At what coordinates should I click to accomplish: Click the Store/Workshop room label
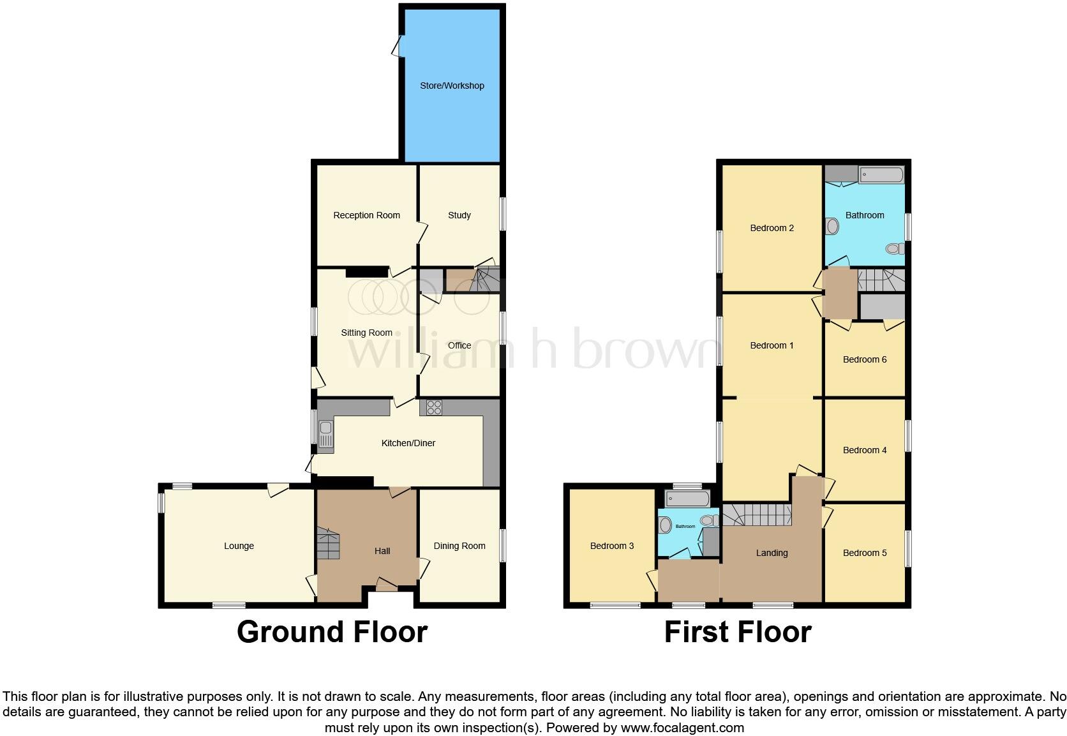[x=452, y=86]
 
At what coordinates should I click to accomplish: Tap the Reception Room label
[x=366, y=215]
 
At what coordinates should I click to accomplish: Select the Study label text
[x=459, y=215]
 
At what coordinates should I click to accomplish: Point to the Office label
[x=459, y=345]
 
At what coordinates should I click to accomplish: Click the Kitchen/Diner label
[x=408, y=443]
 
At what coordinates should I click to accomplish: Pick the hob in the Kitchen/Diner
[x=434, y=407]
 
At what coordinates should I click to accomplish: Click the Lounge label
[x=239, y=546]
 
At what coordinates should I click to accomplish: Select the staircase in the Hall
[x=329, y=544]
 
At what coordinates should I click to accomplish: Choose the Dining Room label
[x=459, y=546]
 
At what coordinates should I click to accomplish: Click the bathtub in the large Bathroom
[x=881, y=175]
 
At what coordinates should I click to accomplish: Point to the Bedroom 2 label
[x=772, y=228]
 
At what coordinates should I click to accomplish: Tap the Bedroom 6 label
[x=865, y=359]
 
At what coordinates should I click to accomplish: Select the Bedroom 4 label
[x=865, y=450]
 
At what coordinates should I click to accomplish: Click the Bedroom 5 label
[x=865, y=553]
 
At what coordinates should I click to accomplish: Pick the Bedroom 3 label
[x=611, y=546]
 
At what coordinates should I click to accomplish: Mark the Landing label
[x=772, y=553]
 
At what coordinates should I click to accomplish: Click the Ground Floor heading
[x=332, y=632]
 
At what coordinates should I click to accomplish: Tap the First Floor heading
[x=738, y=632]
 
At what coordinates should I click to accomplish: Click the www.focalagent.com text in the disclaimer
[x=682, y=728]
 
